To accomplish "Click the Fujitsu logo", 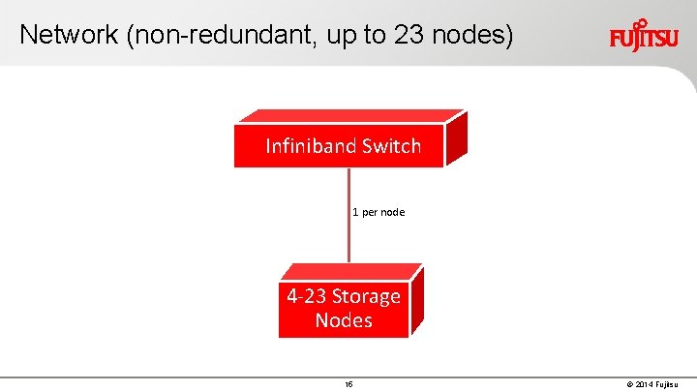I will [644, 36].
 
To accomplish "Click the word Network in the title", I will [67, 35].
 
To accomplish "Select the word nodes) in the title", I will [473, 35].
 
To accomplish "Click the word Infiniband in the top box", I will [312, 146].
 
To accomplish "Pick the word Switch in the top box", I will [391, 146].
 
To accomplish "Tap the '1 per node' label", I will [379, 211].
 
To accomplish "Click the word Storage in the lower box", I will [366, 296].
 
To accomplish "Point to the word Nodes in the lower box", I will [344, 320].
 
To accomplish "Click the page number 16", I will [348, 384].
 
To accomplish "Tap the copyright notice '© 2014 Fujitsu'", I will [656, 384].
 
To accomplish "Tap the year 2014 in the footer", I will [647, 384].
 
